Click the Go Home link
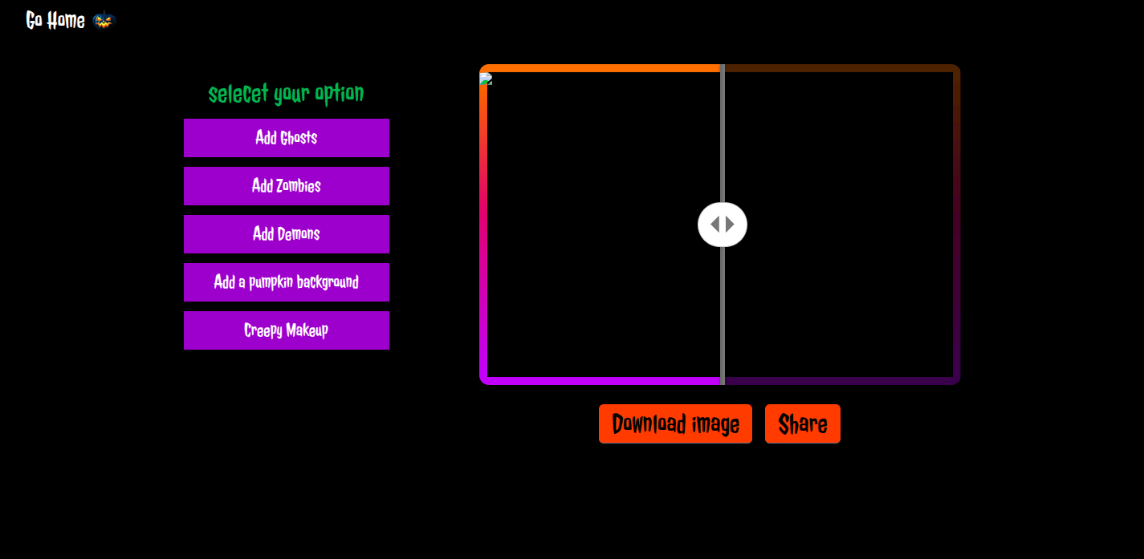[x=55, y=20]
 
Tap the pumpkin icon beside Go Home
[x=104, y=20]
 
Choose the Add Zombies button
[x=287, y=186]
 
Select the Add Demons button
[x=287, y=234]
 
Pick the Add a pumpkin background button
[x=287, y=282]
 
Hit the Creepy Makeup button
[x=287, y=330]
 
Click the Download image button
[x=675, y=423]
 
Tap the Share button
[x=802, y=423]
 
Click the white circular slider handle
[x=723, y=225]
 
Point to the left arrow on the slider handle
[x=715, y=224]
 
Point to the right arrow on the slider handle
[x=730, y=224]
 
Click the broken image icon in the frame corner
[x=486, y=79]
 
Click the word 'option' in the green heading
[x=339, y=93]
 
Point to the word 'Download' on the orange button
[x=649, y=423]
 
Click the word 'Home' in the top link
[x=66, y=20]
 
